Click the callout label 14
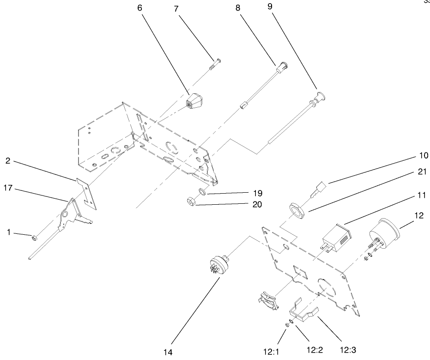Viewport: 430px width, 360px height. (x=168, y=352)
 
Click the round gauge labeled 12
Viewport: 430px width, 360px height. (x=386, y=236)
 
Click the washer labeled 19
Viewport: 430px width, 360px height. (x=202, y=191)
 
